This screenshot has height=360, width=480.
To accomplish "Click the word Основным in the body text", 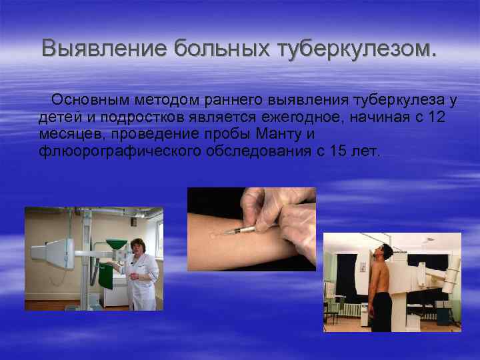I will click(x=92, y=100).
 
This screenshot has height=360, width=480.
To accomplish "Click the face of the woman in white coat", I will click(x=138, y=249).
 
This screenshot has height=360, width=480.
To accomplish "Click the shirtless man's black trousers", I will click(x=382, y=311).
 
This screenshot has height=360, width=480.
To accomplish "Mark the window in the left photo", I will click(x=159, y=240).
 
